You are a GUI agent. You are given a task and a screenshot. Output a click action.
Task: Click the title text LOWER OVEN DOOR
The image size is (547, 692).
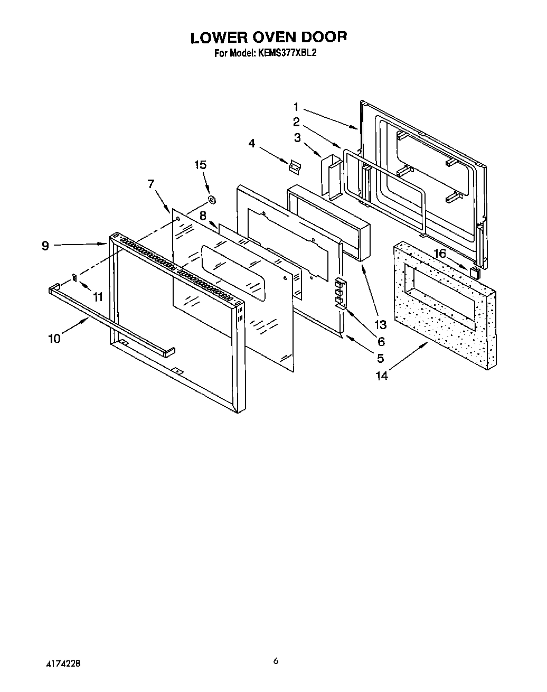(269, 38)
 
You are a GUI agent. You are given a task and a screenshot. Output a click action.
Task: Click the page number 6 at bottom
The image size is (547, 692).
(276, 661)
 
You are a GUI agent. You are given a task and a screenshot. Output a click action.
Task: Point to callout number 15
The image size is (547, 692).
(200, 165)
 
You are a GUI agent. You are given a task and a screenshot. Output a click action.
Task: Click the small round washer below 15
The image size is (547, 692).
(212, 200)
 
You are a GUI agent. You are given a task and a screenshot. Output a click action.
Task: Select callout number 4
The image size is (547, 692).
(252, 143)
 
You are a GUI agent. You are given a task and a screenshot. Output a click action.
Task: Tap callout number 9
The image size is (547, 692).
(45, 245)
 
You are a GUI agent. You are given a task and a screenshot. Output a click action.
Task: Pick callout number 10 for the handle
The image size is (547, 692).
(54, 338)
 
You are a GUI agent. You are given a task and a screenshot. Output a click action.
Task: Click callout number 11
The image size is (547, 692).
(97, 297)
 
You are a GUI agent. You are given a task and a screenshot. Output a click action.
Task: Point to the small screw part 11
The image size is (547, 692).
(75, 276)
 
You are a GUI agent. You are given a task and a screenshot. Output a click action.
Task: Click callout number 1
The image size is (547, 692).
(296, 106)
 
